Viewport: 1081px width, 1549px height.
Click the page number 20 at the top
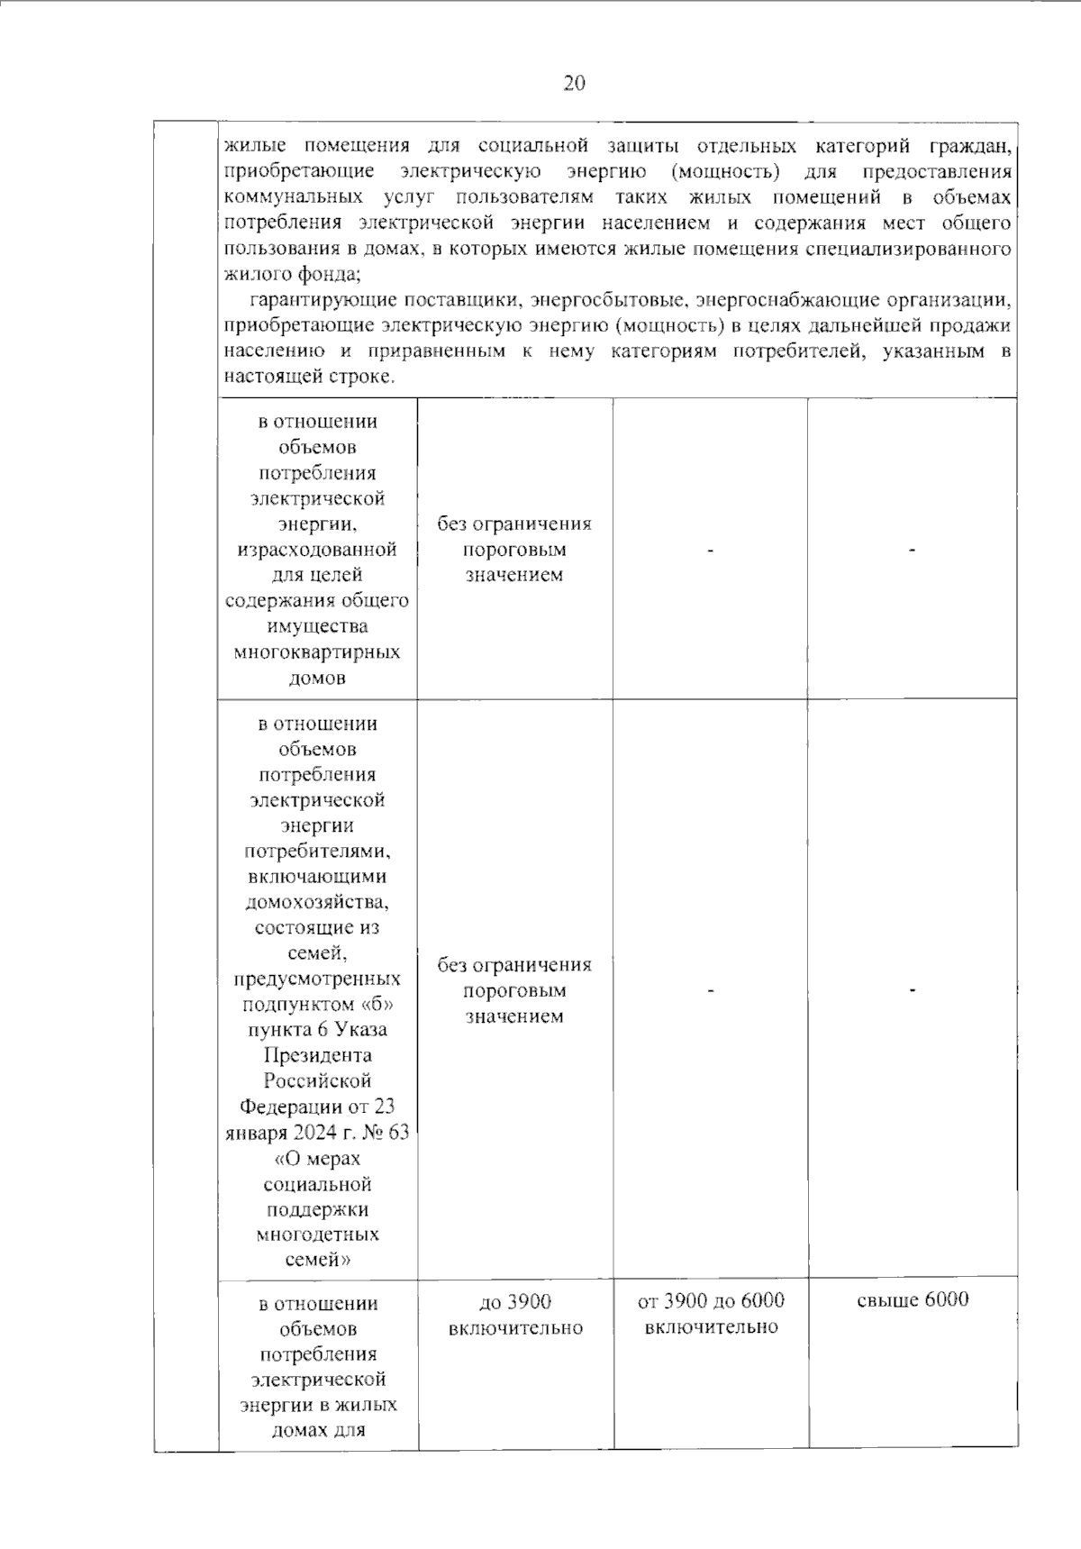click(x=575, y=84)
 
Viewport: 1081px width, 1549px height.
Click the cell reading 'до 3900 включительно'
click(x=515, y=1314)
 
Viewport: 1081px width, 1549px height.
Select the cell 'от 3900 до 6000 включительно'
click(x=711, y=1314)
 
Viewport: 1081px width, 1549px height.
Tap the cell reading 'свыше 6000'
click(x=913, y=1299)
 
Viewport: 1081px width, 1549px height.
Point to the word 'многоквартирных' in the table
click(x=317, y=651)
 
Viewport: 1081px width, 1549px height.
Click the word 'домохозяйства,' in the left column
click(x=317, y=902)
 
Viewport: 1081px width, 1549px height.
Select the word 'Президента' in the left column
click(x=317, y=1055)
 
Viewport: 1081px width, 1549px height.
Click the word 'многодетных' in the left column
click(x=317, y=1235)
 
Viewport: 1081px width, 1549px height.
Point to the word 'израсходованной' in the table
click(x=317, y=549)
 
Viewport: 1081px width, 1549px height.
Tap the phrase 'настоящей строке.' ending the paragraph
click(x=309, y=377)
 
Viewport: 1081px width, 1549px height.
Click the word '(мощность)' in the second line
click(x=726, y=171)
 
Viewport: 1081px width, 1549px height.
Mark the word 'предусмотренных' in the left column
click(x=317, y=979)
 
